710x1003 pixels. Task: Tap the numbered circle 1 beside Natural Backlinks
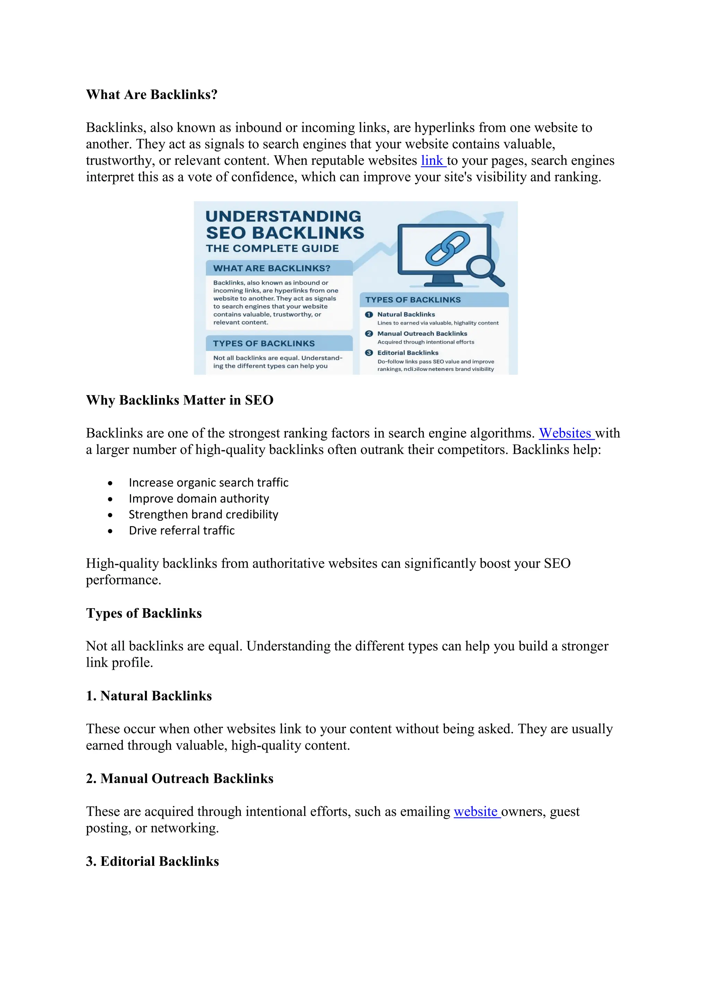[x=369, y=314]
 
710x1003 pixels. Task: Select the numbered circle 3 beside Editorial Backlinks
[x=369, y=353]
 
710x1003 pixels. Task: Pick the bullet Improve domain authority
[x=199, y=498]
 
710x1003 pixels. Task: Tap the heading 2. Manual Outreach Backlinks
[x=180, y=779]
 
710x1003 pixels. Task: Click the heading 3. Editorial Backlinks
[x=152, y=861]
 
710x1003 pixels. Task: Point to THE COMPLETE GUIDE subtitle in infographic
[x=272, y=249]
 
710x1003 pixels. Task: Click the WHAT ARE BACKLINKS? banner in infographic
[x=272, y=268]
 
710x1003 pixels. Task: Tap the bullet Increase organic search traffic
[x=209, y=483]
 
